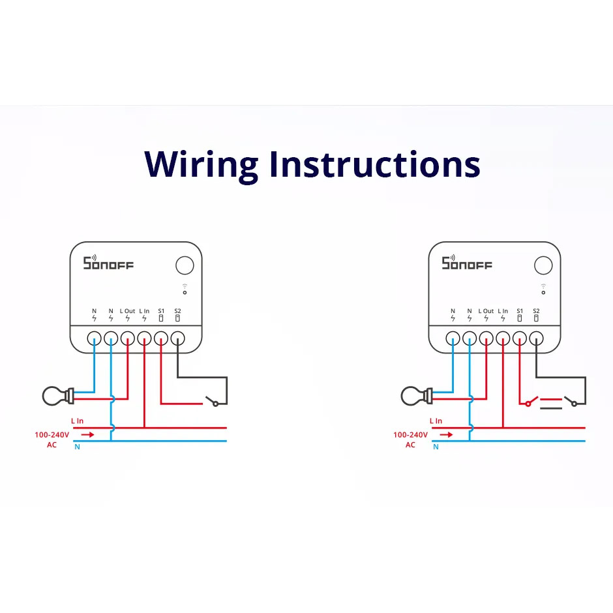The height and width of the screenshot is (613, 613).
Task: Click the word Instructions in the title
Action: point(375,164)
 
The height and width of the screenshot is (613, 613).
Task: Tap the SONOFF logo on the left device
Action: point(108,263)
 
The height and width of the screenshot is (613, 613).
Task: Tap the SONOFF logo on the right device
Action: point(467,263)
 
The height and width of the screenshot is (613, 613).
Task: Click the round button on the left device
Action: point(185,265)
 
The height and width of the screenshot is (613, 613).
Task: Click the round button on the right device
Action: point(543,265)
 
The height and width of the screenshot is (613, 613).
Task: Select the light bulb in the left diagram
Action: point(58,396)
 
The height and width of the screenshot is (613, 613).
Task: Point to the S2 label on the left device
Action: point(177,311)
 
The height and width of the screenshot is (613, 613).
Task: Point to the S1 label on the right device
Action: point(520,311)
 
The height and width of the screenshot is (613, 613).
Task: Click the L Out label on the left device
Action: point(127,311)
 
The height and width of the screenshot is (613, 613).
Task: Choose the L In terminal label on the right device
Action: point(503,311)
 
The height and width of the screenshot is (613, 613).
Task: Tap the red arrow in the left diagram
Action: point(87,434)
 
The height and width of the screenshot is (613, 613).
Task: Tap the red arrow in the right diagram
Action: point(446,434)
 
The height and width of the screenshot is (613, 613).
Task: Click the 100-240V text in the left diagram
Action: point(52,435)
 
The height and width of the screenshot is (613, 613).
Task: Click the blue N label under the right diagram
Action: point(436,447)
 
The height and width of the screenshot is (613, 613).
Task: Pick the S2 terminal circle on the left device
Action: point(177,338)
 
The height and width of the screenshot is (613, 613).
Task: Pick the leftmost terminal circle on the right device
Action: point(453,338)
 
